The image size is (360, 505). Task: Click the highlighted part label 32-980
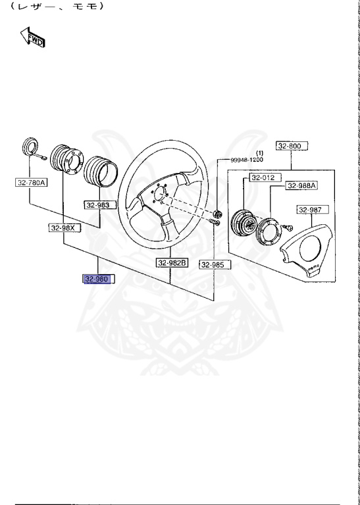tap(97, 279)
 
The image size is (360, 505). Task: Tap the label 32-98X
tap(63, 228)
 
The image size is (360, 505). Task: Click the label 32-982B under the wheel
tap(172, 263)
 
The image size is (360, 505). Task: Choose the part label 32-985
tap(213, 265)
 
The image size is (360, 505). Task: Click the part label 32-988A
tap(301, 186)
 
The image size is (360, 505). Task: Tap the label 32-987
tap(311, 210)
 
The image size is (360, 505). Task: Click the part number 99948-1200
tap(247, 160)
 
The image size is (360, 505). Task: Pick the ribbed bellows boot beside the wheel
tap(102, 170)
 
